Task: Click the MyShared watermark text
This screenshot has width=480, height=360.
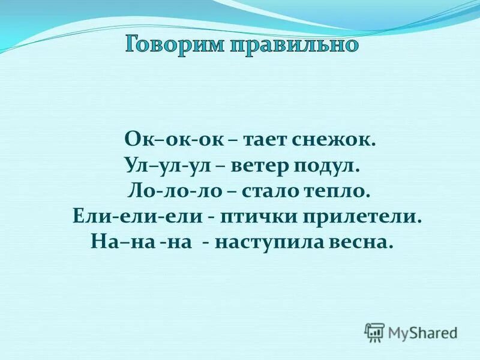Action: [x=422, y=331]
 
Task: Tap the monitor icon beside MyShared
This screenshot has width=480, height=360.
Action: [x=374, y=332]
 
